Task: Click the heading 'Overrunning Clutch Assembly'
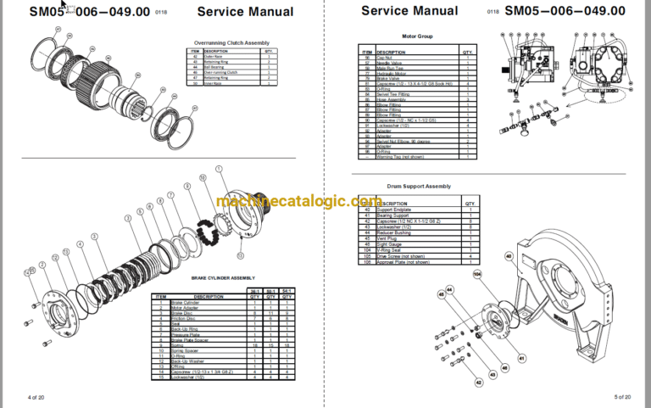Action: [x=231, y=42]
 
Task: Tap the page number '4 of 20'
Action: [x=36, y=397]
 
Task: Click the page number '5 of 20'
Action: [x=622, y=397]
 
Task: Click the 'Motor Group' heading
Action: [x=414, y=37]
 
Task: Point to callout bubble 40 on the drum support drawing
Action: [x=509, y=255]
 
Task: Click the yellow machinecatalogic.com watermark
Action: [x=298, y=202]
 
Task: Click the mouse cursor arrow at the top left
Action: [x=62, y=5]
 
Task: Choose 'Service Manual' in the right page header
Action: [x=409, y=11]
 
